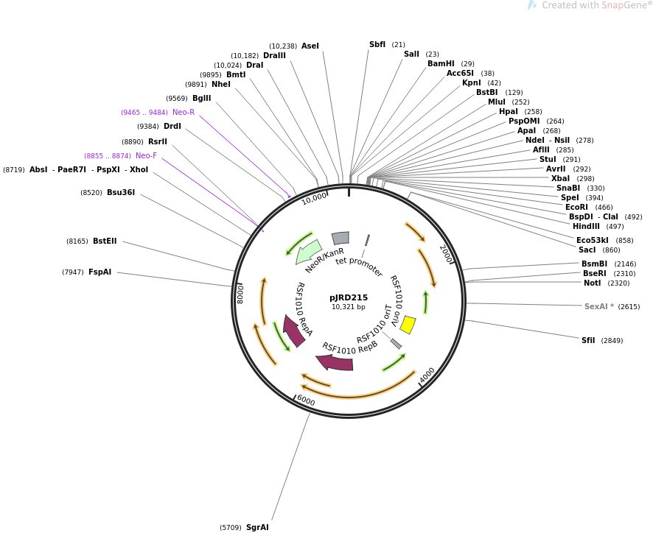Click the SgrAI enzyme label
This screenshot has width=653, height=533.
pos(257,527)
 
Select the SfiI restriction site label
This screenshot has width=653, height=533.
pos(588,340)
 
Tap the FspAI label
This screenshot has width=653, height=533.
pos(100,272)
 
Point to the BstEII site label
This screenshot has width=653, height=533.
pos(105,241)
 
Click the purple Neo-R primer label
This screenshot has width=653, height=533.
pos(184,112)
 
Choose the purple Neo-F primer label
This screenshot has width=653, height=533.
pos(146,155)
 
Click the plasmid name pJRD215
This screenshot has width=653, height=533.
pos(349,297)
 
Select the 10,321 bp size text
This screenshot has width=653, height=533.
pos(349,307)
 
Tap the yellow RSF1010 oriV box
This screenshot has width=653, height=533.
pos(408,325)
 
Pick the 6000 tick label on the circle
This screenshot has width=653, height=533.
pos(306,400)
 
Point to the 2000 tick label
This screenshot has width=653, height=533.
pos(446,255)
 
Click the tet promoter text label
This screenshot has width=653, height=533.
pos(359,266)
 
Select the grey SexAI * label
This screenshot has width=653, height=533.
pos(599,306)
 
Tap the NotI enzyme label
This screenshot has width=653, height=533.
pos(592,283)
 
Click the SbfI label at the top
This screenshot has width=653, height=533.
pos(377,44)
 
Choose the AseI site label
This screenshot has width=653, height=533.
pos(310,46)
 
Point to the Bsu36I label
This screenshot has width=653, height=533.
pos(121,192)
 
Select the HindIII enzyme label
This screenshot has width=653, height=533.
pos(586,226)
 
